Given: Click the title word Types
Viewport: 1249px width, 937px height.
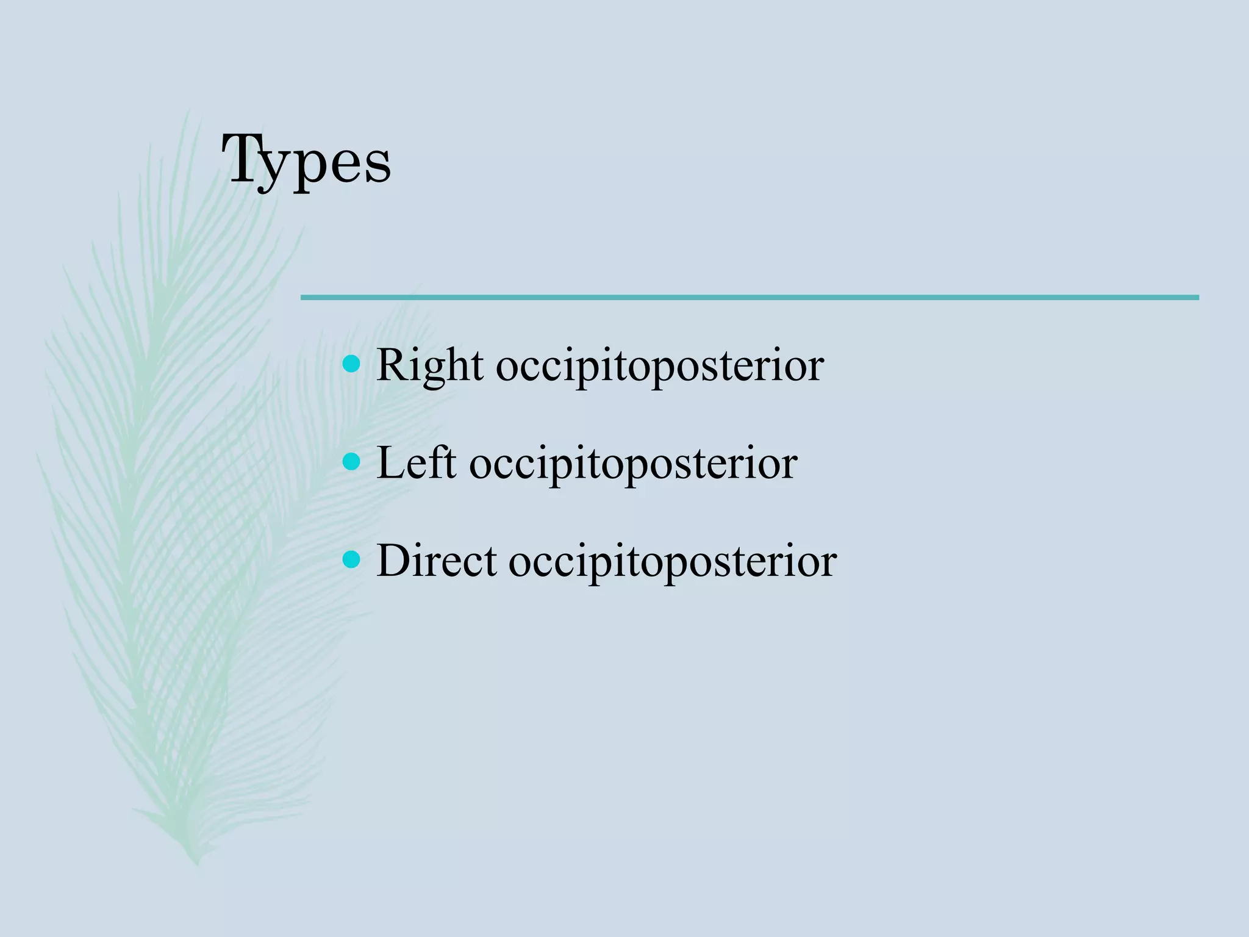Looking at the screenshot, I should click(x=307, y=160).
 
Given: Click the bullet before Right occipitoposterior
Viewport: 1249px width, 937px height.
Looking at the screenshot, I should click(x=351, y=364).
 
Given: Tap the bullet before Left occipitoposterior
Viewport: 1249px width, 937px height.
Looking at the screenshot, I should click(x=351, y=462).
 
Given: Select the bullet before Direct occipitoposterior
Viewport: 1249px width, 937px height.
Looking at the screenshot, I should click(x=351, y=559).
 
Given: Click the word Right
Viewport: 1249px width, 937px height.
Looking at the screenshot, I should click(x=430, y=366).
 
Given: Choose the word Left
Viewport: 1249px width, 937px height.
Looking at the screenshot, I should click(x=416, y=463).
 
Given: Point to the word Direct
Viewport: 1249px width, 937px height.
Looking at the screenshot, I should click(x=436, y=561).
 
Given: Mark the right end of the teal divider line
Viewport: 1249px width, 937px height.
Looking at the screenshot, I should click(x=1197, y=298).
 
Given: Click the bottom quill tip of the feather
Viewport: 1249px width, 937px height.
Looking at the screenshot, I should click(x=196, y=863).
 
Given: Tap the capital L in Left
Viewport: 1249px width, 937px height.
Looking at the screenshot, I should click(x=390, y=462).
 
